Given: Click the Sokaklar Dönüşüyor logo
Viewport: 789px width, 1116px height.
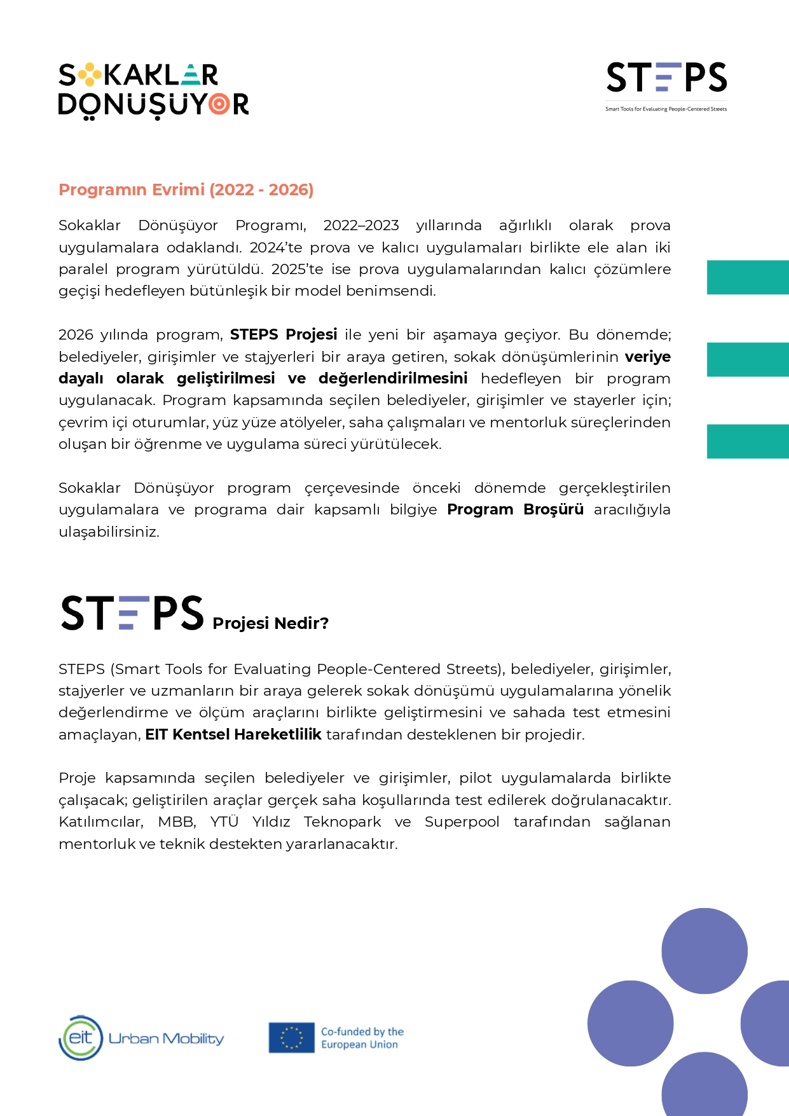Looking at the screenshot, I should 153,90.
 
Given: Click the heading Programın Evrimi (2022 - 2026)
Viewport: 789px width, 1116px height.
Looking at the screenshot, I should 186,190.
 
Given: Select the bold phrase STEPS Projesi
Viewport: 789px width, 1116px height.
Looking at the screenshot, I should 284,334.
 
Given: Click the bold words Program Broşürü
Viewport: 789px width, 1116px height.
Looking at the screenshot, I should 515,510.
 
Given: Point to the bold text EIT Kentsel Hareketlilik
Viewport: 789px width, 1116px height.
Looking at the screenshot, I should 233,735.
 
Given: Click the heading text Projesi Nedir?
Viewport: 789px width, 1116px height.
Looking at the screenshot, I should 270,623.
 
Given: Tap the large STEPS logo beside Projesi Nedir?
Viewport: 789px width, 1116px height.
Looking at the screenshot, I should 132,614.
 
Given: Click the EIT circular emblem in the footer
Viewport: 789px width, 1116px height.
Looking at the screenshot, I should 81,1038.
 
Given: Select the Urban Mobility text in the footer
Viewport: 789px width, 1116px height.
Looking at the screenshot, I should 167,1038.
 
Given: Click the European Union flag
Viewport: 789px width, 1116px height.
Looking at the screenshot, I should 291,1038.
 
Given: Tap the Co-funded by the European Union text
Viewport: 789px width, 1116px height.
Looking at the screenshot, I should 362,1038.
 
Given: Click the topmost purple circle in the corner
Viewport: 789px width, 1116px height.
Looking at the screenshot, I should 704,951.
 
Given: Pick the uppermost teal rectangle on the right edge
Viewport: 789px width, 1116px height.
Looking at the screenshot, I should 748,277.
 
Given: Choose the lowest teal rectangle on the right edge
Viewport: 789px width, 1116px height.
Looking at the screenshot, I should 748,441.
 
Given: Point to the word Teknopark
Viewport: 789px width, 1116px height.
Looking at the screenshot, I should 342,822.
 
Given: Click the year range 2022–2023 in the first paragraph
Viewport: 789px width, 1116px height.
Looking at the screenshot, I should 360,226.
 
